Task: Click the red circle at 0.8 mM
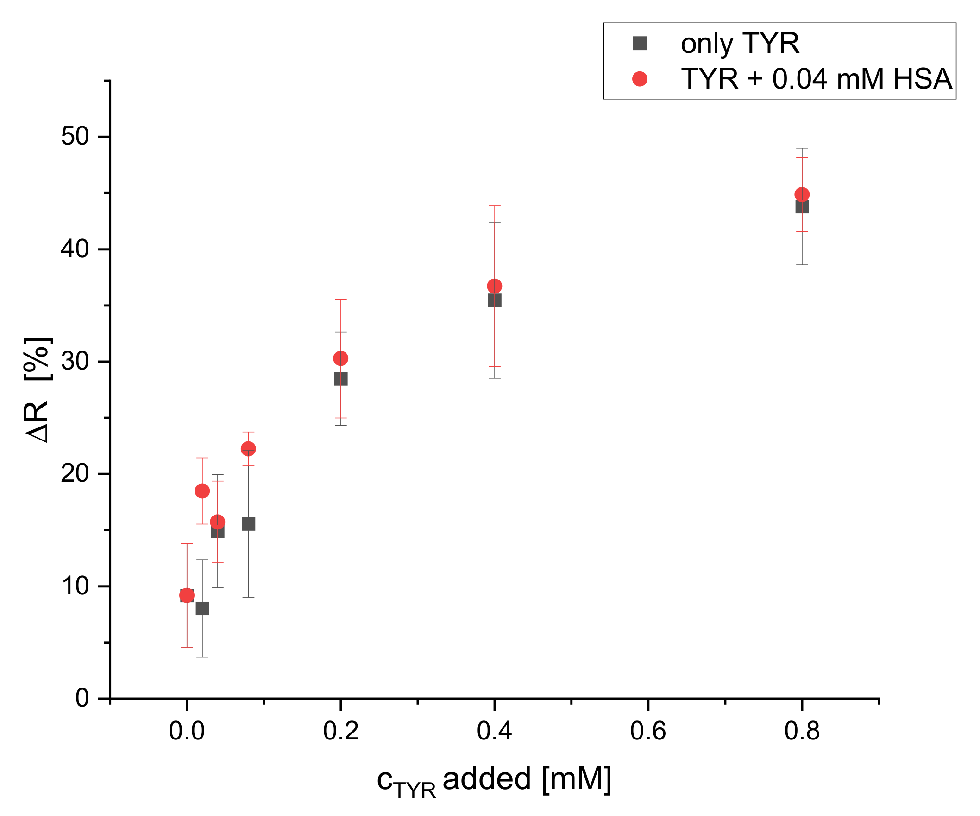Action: (802, 194)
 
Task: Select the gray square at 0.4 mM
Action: (495, 300)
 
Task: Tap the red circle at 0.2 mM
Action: (341, 358)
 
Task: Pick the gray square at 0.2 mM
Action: (341, 379)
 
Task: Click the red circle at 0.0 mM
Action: (187, 595)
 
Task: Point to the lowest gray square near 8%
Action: (202, 609)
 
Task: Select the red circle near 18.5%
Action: (202, 491)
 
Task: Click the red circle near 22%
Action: (248, 448)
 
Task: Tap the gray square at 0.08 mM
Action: (248, 524)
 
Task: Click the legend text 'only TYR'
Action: (740, 44)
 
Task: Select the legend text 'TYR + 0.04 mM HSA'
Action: (816, 78)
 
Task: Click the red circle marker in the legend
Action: (640, 79)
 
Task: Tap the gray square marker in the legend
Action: (640, 44)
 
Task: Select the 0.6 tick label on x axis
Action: (648, 731)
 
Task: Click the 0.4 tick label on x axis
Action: (494, 731)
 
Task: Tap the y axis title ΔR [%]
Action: (38, 389)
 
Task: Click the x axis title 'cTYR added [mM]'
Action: (494, 780)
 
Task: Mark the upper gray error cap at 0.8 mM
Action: (802, 148)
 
